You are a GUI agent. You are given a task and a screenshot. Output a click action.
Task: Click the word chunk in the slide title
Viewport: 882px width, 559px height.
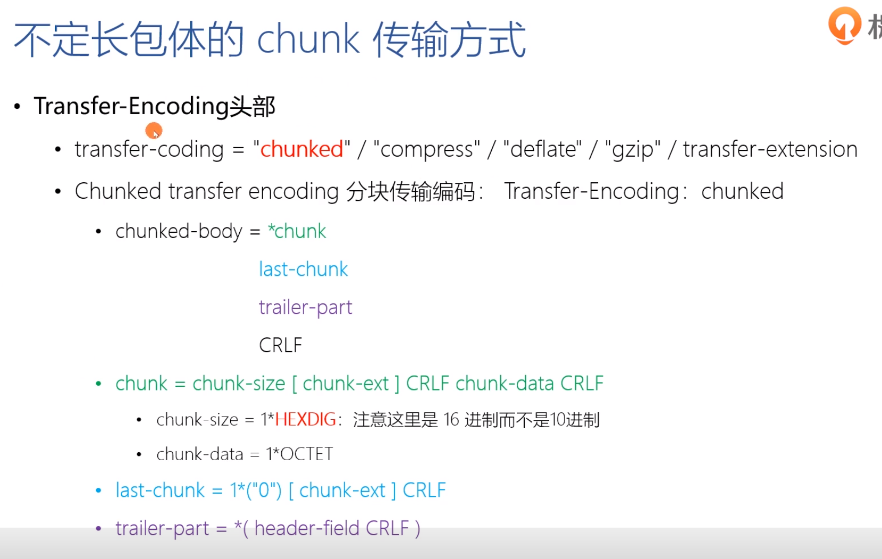click(x=308, y=39)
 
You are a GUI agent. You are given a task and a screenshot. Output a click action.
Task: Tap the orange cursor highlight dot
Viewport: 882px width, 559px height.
click(x=154, y=130)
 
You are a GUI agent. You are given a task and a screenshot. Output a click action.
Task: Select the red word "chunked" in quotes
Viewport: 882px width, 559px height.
click(x=301, y=149)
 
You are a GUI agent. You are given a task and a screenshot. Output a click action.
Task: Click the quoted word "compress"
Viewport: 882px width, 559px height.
click(x=426, y=149)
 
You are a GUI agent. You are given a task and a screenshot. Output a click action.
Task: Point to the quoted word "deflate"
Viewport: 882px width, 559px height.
click(x=542, y=149)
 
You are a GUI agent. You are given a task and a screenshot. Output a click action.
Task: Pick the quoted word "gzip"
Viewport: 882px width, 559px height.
click(x=633, y=149)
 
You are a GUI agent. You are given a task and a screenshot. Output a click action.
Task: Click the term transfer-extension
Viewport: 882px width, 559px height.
click(x=770, y=149)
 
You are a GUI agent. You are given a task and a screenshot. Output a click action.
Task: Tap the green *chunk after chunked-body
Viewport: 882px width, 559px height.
click(x=297, y=231)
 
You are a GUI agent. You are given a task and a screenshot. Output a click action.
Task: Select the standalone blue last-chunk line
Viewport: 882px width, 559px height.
click(x=303, y=269)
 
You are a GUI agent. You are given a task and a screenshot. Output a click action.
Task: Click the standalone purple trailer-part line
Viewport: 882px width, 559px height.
click(x=305, y=308)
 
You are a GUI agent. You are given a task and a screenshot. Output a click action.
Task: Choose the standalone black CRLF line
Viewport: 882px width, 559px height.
click(x=280, y=345)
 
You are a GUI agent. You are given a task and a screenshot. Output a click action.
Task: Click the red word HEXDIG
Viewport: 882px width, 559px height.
click(x=305, y=420)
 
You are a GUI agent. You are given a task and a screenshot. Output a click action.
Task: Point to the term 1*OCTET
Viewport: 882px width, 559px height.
click(x=299, y=454)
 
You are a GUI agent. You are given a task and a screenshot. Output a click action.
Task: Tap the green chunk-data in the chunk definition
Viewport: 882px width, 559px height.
click(x=505, y=384)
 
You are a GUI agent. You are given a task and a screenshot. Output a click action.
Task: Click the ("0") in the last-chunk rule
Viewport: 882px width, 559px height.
click(x=264, y=490)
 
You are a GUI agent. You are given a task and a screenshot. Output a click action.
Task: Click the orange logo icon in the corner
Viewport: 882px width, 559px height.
click(x=844, y=25)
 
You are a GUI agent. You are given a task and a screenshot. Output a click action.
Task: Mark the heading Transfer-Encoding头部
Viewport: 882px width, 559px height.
click(x=154, y=106)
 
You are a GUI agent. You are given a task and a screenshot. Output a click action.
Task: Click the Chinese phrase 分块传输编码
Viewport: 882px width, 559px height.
click(x=410, y=191)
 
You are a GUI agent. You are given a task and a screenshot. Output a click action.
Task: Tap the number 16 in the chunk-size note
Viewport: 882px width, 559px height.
click(x=451, y=420)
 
